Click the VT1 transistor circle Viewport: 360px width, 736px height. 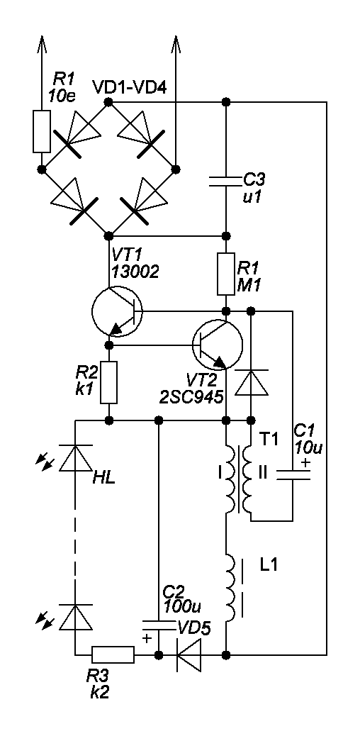tap(92, 312)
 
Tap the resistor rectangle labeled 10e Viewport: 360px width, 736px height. tap(41, 132)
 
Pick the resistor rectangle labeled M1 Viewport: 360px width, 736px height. tap(226, 274)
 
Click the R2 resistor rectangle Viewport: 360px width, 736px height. tap(108, 383)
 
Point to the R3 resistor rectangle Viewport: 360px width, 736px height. tap(113, 654)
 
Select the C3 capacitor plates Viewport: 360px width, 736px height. tap(226, 181)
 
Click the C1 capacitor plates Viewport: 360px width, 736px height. tap(293, 474)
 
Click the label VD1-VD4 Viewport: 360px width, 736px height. tap(129, 88)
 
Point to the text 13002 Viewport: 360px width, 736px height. tap(135, 271)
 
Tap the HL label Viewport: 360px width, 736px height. tap(104, 480)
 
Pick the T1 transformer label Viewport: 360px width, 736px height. tap(269, 440)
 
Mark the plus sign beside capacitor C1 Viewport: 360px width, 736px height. tap(305, 463)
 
